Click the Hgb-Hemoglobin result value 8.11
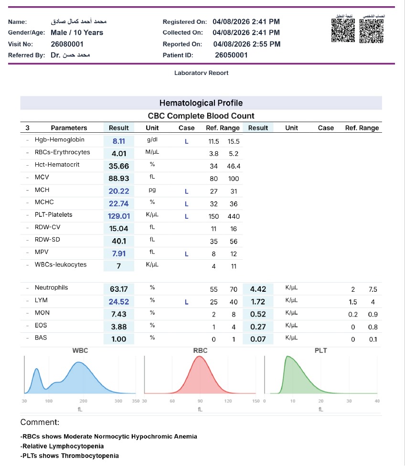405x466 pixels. click(x=118, y=141)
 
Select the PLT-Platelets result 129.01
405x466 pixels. click(x=118, y=216)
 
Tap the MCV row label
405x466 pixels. click(x=42, y=177)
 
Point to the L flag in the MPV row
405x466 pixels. click(x=186, y=254)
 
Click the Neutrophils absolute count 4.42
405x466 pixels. click(x=258, y=289)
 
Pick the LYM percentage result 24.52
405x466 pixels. click(x=118, y=302)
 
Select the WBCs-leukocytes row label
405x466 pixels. click(x=61, y=265)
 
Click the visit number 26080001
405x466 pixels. click(x=67, y=44)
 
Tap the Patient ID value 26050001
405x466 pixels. click(x=231, y=55)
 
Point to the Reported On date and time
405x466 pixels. click(x=246, y=44)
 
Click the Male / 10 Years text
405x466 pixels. click(x=77, y=32)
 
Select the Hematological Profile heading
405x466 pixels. click(x=201, y=103)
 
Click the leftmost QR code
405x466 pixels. click(x=343, y=30)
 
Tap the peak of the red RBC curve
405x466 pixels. click(x=199, y=356)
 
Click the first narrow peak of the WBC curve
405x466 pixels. click(x=37, y=369)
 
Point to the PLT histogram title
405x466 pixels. click(x=320, y=350)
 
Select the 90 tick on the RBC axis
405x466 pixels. click(x=200, y=401)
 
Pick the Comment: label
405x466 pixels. click(x=40, y=422)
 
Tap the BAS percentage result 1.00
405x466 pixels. click(x=118, y=339)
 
